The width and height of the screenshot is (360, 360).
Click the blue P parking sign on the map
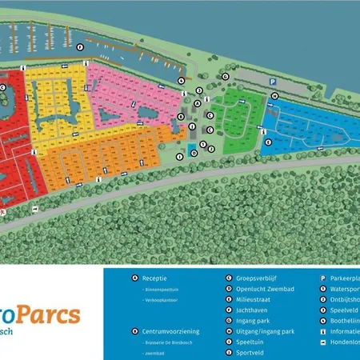(272, 82)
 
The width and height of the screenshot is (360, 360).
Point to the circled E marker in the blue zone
(275, 97)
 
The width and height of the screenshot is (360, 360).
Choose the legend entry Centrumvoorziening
(171, 330)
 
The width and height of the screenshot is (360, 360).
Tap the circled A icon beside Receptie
(135, 278)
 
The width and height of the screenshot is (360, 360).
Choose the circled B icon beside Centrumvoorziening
(135, 330)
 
